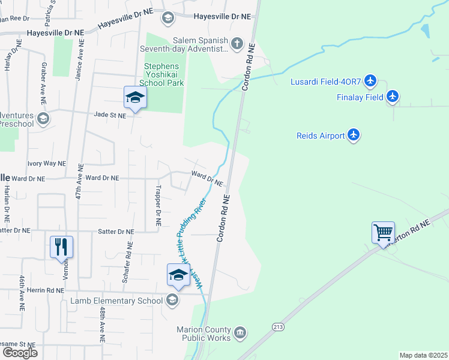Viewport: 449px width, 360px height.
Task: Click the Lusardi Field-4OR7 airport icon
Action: click(x=370, y=80)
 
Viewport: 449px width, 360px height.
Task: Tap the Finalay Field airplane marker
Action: click(x=393, y=96)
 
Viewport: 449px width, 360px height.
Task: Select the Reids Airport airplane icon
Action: click(x=354, y=135)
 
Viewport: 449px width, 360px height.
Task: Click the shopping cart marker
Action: click(x=383, y=232)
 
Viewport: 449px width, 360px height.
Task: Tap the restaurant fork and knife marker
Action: click(x=61, y=246)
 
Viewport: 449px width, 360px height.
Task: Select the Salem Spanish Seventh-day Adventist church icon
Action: click(x=238, y=43)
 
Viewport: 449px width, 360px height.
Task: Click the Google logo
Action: click(x=20, y=352)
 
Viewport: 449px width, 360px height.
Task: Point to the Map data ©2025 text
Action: click(x=423, y=355)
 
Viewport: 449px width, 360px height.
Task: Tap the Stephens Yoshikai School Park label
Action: click(x=164, y=74)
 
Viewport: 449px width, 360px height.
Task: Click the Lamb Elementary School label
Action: click(x=116, y=301)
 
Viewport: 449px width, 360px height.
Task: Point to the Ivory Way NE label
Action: click(x=46, y=163)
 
